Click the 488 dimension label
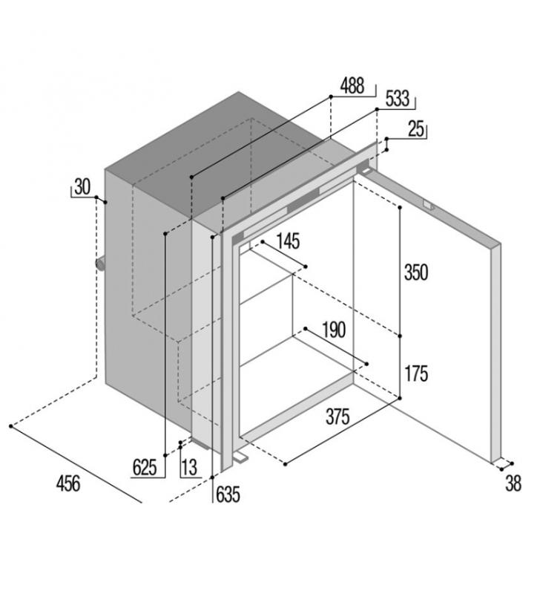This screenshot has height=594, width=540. pyautogui.click(x=352, y=85)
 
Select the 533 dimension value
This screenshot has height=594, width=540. pyautogui.click(x=398, y=99)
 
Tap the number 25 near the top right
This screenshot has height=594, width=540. pyautogui.click(x=416, y=128)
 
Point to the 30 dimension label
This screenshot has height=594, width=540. pyautogui.click(x=82, y=187)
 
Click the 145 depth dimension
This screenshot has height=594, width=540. pyautogui.click(x=289, y=241)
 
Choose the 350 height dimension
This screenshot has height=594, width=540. pyautogui.click(x=416, y=272)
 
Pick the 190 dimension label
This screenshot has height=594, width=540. pyautogui.click(x=334, y=330)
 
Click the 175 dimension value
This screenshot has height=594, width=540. pyautogui.click(x=416, y=373)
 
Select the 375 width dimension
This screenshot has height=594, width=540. pyautogui.click(x=337, y=417)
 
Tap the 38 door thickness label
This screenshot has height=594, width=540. pyautogui.click(x=513, y=483)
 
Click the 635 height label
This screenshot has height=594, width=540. pyautogui.click(x=228, y=495)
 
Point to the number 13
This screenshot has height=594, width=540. pyautogui.click(x=190, y=467)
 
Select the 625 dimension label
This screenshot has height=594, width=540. pyautogui.click(x=145, y=467)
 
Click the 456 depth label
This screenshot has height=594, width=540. pyautogui.click(x=68, y=484)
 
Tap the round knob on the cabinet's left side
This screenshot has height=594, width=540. pyautogui.click(x=101, y=264)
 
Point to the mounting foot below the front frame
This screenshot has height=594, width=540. pyautogui.click(x=241, y=457)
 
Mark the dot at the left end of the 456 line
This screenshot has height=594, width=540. pyautogui.click(x=11, y=426)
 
